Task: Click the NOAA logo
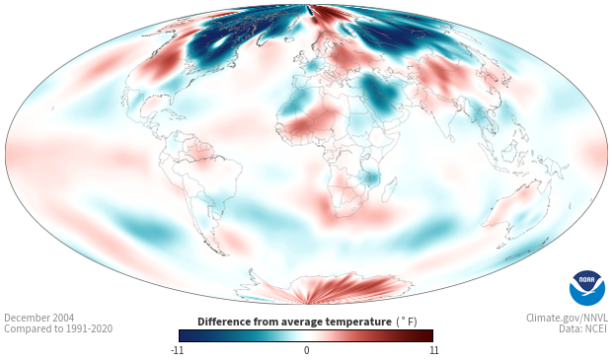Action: [587, 288]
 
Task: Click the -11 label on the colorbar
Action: [177, 350]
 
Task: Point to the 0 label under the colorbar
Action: [306, 350]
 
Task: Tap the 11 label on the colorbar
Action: [433, 350]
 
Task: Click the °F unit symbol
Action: [407, 322]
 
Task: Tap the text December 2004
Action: [39, 318]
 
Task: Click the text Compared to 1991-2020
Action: [58, 328]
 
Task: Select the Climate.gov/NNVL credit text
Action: [567, 318]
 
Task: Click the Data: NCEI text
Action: [583, 328]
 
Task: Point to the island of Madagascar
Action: [389, 189]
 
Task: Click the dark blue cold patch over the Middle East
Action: [379, 92]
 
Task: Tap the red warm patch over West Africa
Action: [308, 123]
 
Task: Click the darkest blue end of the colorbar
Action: [183, 335]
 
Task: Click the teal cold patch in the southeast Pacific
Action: [146, 230]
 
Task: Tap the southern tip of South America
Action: [224, 254]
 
